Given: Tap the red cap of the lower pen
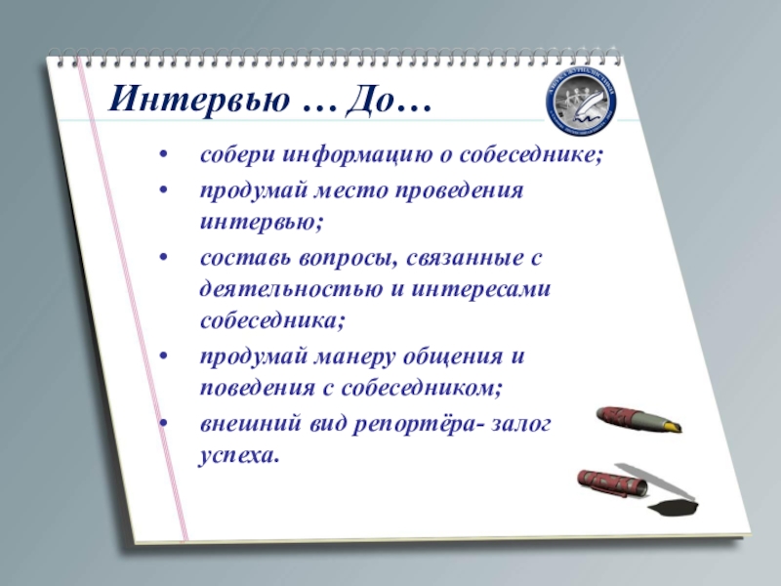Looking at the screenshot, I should pos(606,480).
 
